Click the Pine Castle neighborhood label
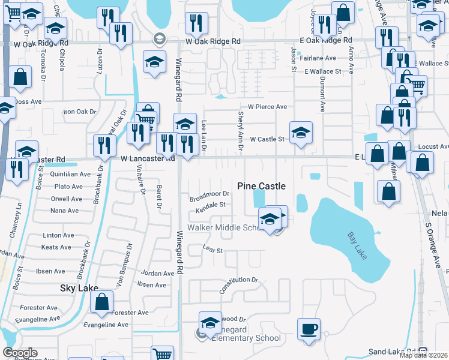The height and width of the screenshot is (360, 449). click(x=261, y=186)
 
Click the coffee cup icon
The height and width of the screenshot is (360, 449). click(x=309, y=329)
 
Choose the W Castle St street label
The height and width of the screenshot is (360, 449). click(x=267, y=139)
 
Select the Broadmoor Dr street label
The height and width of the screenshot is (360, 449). click(x=209, y=194)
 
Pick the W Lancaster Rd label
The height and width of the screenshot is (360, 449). click(x=147, y=159)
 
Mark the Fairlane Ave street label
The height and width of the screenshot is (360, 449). click(x=319, y=58)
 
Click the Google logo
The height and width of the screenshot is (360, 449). click(x=20, y=353)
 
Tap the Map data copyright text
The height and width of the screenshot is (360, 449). click(x=424, y=355)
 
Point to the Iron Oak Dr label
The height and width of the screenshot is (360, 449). click(x=80, y=112)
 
